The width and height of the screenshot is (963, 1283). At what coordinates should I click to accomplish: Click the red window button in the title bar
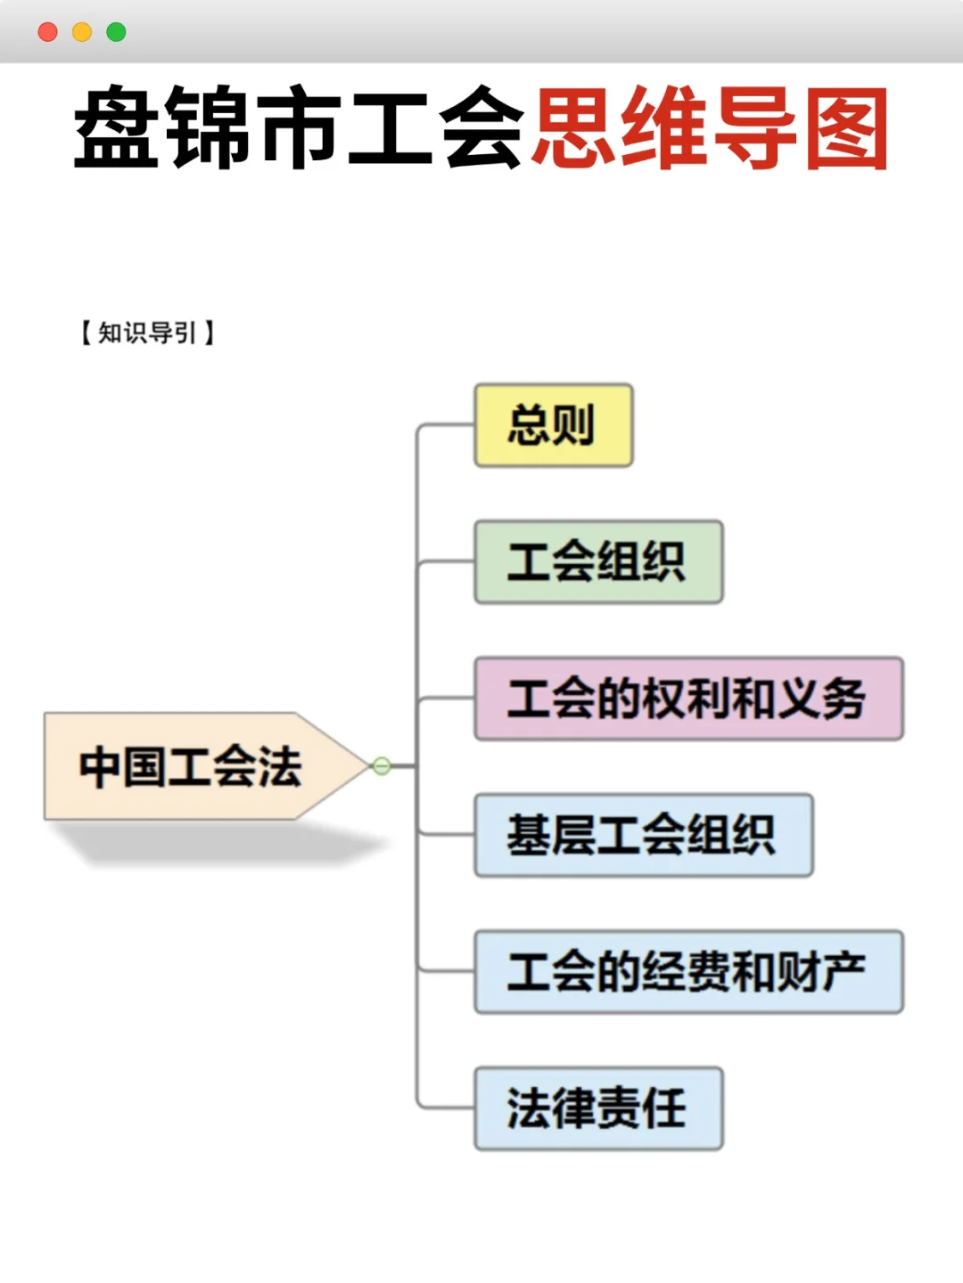pyautogui.click(x=48, y=32)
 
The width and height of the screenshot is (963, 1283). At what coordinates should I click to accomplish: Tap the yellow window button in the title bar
pyautogui.click(x=82, y=32)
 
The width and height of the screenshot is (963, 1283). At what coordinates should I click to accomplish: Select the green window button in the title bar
pyautogui.click(x=116, y=32)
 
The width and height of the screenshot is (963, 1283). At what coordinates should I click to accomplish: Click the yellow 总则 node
pyautogui.click(x=553, y=426)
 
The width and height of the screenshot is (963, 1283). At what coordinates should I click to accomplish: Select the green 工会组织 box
pyautogui.click(x=597, y=562)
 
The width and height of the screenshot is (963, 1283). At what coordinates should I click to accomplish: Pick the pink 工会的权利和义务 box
pyautogui.click(x=687, y=699)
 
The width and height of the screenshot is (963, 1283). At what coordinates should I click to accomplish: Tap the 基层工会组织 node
pyautogui.click(x=643, y=835)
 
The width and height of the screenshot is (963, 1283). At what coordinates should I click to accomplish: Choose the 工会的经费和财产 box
pyautogui.click(x=687, y=972)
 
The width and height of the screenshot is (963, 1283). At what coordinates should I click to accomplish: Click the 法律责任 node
pyautogui.click(x=597, y=1108)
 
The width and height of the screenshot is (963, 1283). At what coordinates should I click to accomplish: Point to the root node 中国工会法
pyautogui.click(x=192, y=766)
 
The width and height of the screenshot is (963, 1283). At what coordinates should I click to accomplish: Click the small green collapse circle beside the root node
pyautogui.click(x=382, y=766)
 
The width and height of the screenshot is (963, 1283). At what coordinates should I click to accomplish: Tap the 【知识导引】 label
pyautogui.click(x=147, y=333)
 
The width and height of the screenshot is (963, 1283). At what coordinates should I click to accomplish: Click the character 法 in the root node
pyautogui.click(x=280, y=766)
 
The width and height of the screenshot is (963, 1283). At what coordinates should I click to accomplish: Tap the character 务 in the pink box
pyautogui.click(x=844, y=699)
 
